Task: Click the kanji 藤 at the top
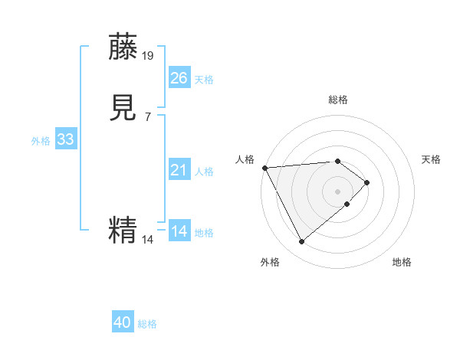pyautogui.click(x=123, y=47)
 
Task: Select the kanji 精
pyautogui.click(x=123, y=230)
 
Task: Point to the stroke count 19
pyautogui.click(x=149, y=55)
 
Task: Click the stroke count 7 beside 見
pyautogui.click(x=148, y=116)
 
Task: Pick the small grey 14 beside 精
pyautogui.click(x=148, y=240)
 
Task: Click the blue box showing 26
pyautogui.click(x=179, y=78)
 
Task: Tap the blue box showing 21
pyautogui.click(x=179, y=170)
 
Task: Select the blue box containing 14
pyautogui.click(x=179, y=231)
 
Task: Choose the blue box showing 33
pyautogui.click(x=65, y=139)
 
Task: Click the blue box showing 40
pyautogui.click(x=123, y=323)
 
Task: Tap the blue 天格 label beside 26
pyautogui.click(x=204, y=80)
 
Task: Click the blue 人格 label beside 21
pyautogui.click(x=204, y=172)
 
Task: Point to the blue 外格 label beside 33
pyautogui.click(x=41, y=141)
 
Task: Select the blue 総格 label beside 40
pyautogui.click(x=147, y=325)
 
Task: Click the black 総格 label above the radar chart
pyautogui.click(x=337, y=100)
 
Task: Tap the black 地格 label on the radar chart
pyautogui.click(x=402, y=262)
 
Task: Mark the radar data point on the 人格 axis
pyautogui.click(x=264, y=167)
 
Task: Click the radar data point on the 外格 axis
pyautogui.click(x=302, y=242)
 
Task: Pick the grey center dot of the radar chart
pyautogui.click(x=337, y=191)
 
